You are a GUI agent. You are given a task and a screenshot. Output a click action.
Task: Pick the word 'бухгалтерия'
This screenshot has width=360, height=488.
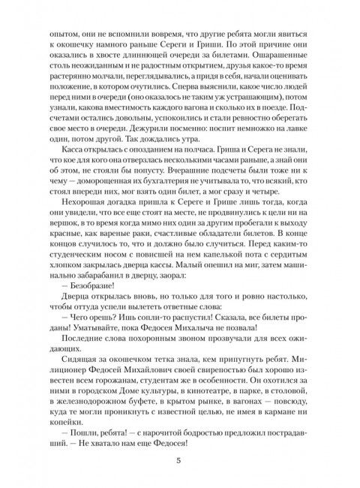pyautogui.click(x=198, y=203)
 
